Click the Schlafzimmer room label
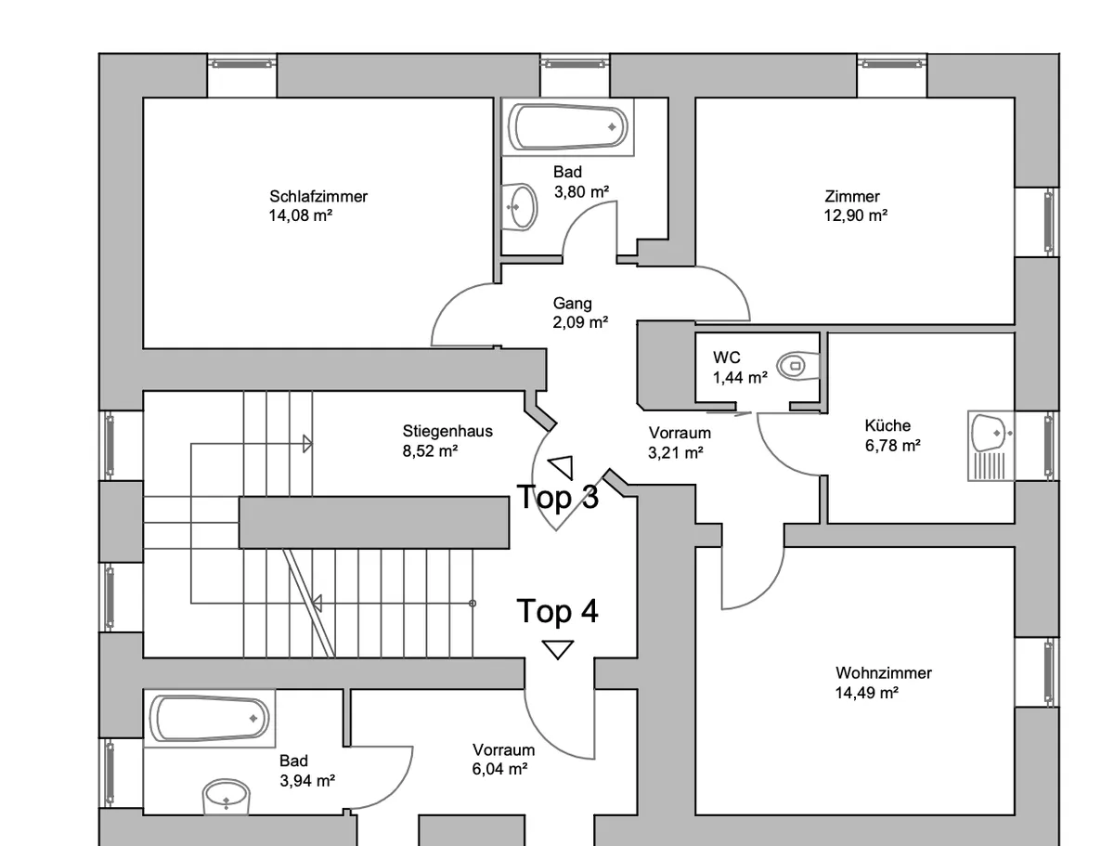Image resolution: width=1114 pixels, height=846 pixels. click(x=318, y=196)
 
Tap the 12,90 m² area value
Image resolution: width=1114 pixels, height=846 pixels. click(x=855, y=215)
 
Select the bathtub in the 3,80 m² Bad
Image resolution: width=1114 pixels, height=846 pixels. click(x=568, y=127)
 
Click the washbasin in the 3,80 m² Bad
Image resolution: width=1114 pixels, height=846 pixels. click(x=519, y=207)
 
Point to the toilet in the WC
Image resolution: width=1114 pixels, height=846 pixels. click(x=797, y=365)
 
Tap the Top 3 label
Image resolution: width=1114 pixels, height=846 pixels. click(x=557, y=496)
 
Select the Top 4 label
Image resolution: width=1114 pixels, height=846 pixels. click(x=557, y=610)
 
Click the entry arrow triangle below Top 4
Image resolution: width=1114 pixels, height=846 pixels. click(x=557, y=648)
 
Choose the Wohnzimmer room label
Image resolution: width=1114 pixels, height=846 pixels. click(x=884, y=673)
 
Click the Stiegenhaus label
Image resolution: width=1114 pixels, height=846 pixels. click(x=447, y=432)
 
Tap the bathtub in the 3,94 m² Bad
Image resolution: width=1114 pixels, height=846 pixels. click(x=210, y=718)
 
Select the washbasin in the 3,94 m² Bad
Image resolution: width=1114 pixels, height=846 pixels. click(x=226, y=797)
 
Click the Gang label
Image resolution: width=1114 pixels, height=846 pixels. click(x=572, y=304)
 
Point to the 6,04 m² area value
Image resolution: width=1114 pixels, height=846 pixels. click(x=499, y=769)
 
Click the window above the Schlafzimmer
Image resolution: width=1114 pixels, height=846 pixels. click(x=241, y=64)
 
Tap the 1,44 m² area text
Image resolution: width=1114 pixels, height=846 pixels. click(x=740, y=378)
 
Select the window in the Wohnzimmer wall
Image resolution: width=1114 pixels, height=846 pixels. click(x=1037, y=672)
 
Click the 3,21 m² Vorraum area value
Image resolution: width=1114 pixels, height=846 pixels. click(x=676, y=452)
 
